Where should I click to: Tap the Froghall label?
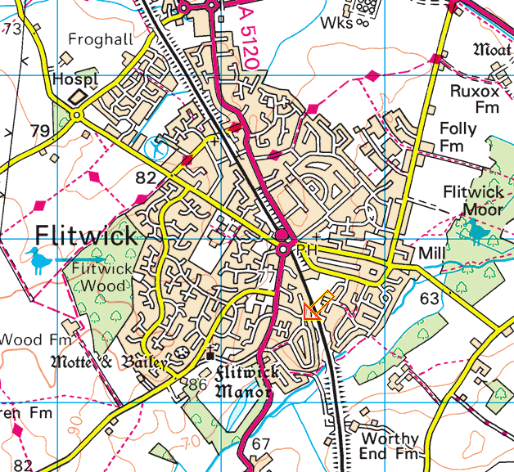[100, 39]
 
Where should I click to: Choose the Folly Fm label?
[463, 137]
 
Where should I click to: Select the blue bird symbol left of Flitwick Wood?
[40, 259]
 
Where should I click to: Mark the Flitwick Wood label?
[100, 277]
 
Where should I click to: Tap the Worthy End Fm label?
[390, 447]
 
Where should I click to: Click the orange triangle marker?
[311, 310]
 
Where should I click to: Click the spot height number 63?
[429, 299]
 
